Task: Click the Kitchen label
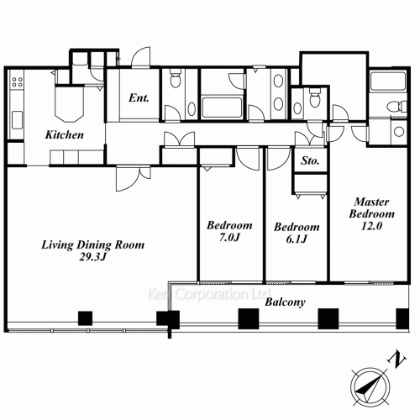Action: (x=65, y=135)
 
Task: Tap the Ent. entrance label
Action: (x=139, y=97)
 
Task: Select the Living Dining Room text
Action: (x=93, y=245)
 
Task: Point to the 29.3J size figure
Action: (x=93, y=257)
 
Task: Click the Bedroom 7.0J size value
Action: (x=229, y=238)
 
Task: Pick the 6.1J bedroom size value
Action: (x=297, y=239)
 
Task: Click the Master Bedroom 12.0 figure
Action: (x=371, y=226)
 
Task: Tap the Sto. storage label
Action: (x=310, y=160)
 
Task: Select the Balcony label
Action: (x=285, y=302)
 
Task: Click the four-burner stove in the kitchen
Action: (x=17, y=82)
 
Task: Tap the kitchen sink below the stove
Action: (x=17, y=120)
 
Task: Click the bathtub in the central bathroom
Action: (x=222, y=108)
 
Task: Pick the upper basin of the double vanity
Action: (x=278, y=81)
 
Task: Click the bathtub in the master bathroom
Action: (x=388, y=81)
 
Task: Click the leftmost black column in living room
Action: (x=85, y=318)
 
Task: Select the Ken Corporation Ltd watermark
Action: (x=209, y=294)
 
